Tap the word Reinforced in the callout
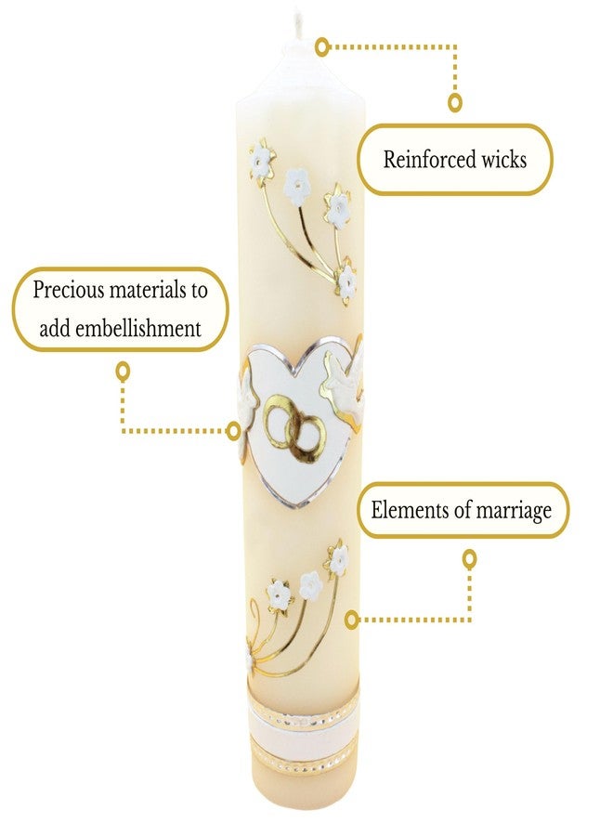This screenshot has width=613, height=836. pyautogui.click(x=422, y=160)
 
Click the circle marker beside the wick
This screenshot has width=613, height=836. pyautogui.click(x=321, y=47)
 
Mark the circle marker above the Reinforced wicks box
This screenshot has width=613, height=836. pyautogui.click(x=454, y=102)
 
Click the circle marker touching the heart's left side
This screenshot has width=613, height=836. pyautogui.click(x=233, y=431)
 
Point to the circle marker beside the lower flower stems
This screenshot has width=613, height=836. pyautogui.click(x=351, y=620)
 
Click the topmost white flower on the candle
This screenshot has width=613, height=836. pyautogui.click(x=262, y=159)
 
